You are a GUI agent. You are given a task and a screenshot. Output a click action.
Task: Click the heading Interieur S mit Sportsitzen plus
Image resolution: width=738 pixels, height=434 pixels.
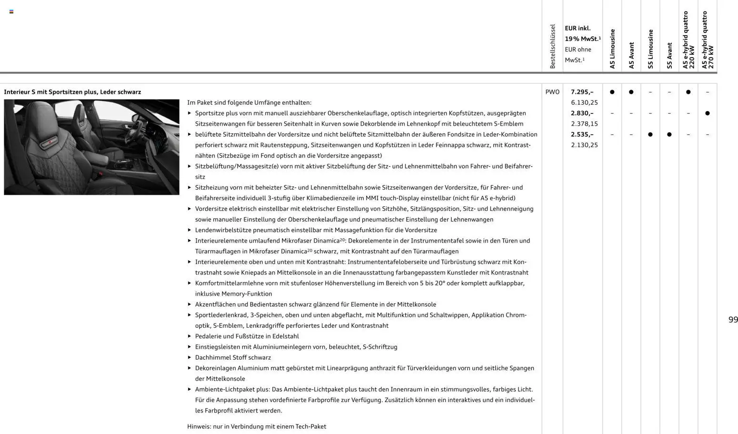click(72, 92)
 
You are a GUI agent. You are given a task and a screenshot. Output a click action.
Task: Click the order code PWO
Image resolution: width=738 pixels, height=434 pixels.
click(552, 92)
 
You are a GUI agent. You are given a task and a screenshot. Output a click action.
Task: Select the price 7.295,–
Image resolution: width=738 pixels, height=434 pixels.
click(582, 92)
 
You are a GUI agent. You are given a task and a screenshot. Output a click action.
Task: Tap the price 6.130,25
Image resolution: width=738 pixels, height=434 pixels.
click(584, 102)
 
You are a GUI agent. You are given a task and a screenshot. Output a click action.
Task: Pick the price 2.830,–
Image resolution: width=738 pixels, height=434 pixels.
click(582, 113)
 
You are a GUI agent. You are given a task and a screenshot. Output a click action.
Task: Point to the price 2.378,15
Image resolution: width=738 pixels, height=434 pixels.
click(584, 124)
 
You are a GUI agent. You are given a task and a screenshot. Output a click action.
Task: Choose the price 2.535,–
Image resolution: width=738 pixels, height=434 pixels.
click(582, 134)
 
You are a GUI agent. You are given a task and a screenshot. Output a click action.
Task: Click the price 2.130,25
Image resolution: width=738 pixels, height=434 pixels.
click(584, 145)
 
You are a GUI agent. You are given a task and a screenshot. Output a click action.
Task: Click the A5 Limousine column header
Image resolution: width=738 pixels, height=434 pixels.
click(612, 49)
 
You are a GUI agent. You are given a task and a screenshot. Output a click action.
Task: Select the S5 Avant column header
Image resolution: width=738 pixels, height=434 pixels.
click(669, 55)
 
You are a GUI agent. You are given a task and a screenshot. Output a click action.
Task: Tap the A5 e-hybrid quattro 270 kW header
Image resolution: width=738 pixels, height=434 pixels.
click(708, 40)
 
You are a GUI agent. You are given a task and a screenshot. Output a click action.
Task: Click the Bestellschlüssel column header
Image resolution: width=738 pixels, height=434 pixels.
click(552, 46)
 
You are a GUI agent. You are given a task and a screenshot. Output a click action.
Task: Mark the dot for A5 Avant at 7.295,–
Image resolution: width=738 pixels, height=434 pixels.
click(631, 92)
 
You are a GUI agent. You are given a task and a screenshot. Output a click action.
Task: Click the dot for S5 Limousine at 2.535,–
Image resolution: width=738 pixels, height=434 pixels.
click(650, 134)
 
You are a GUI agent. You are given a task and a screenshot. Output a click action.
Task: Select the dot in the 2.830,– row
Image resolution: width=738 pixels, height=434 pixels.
click(708, 113)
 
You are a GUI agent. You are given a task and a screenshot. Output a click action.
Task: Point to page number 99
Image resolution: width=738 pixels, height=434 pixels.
click(733, 320)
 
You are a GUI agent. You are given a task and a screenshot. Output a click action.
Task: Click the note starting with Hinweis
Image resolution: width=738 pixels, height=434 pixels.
click(257, 426)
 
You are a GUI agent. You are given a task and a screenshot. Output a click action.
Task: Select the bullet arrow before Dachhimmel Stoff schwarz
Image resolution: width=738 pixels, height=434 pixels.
click(189, 357)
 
